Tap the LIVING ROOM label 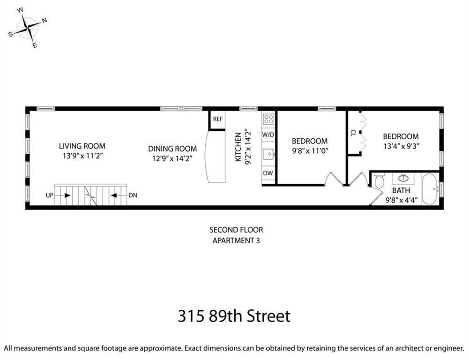point(82,146)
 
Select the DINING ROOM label point(172,149)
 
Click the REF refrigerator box point(218,119)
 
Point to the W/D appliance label point(268,135)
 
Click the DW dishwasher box point(268,173)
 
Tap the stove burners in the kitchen point(268,119)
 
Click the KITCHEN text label point(238,147)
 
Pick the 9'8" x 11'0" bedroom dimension point(310,151)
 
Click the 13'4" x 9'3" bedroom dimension point(401,145)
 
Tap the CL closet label point(353,133)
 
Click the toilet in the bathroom point(380,181)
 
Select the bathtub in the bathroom point(430,189)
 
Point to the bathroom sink point(403,178)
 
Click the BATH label point(401,190)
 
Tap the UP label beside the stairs point(49,195)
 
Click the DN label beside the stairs point(133,195)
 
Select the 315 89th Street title point(234,315)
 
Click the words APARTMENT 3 point(236,241)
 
